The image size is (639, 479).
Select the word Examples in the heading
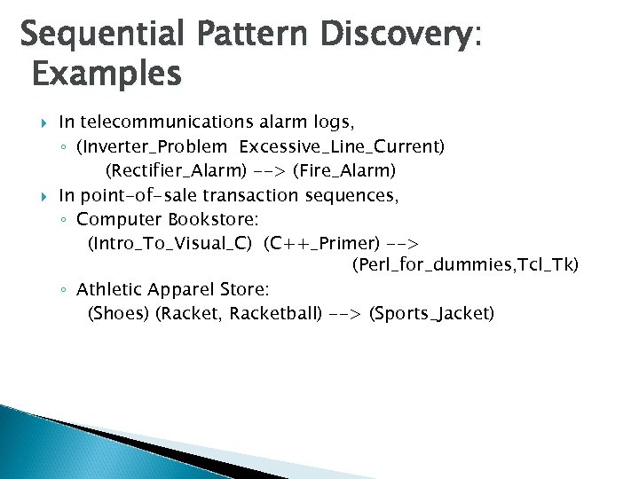pyautogui.click(x=106, y=74)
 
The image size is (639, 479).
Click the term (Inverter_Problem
pyautogui.click(x=152, y=145)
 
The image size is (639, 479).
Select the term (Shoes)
pyautogui.click(x=118, y=313)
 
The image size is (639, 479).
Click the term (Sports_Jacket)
pyautogui.click(x=431, y=313)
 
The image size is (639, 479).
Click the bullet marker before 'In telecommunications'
pyautogui.click(x=44, y=122)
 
